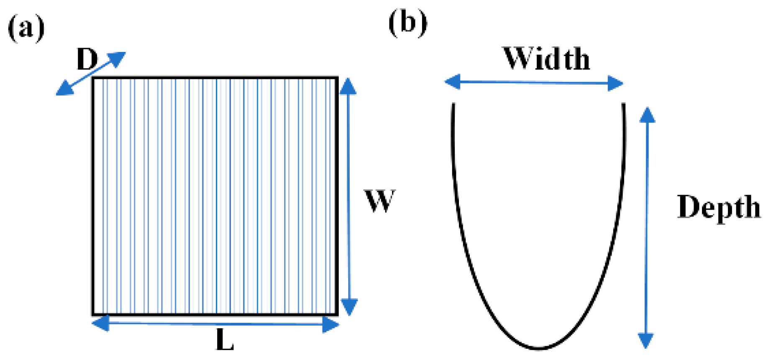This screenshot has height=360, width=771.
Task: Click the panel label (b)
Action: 407,23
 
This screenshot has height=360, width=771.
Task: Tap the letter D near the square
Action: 87,59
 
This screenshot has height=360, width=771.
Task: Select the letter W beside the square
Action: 379,201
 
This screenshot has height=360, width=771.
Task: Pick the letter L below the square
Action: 225,340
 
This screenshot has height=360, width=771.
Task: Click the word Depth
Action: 718,207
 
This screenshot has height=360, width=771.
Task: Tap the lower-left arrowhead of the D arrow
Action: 64,89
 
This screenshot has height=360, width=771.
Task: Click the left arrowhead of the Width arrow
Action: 452,82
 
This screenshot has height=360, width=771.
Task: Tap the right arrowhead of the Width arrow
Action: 615,83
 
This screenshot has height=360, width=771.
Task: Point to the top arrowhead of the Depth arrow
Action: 647,115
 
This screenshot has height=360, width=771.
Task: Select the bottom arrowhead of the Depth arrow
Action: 645,340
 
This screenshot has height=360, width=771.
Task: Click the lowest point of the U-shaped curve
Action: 538,348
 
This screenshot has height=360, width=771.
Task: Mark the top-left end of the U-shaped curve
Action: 453,104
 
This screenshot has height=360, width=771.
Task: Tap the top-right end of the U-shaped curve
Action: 623,104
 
